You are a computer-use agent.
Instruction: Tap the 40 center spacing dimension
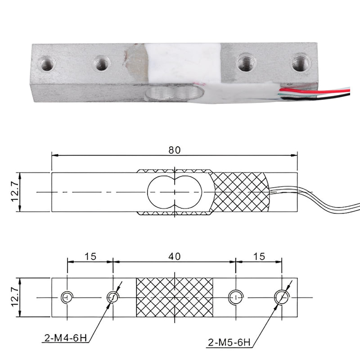pyautogui.click(x=175, y=256)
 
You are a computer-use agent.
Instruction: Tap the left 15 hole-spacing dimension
pyautogui.click(x=90, y=256)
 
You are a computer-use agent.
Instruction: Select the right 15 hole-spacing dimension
pyautogui.click(x=259, y=256)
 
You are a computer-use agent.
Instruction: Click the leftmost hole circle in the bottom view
pyautogui.click(x=67, y=297)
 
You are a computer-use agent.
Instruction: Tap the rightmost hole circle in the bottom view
pyautogui.click(x=282, y=297)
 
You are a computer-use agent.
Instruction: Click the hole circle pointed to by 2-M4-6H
pyautogui.click(x=112, y=297)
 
